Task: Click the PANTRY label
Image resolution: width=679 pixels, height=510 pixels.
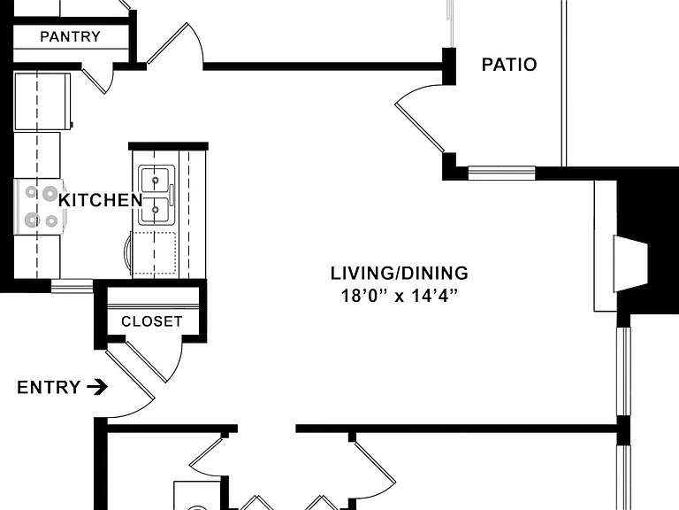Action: [x=70, y=36]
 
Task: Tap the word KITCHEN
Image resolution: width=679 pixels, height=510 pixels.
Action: [x=101, y=200]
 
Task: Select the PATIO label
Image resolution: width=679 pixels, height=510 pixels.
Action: [x=509, y=65]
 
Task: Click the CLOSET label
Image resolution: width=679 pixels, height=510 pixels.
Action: [x=151, y=321]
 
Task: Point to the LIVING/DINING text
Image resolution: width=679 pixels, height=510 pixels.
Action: [x=400, y=274]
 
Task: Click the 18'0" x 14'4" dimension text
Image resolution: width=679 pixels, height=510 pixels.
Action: [x=400, y=296]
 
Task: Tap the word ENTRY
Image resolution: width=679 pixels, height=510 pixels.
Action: [x=49, y=387]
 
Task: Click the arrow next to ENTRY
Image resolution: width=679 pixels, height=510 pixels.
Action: [x=97, y=387]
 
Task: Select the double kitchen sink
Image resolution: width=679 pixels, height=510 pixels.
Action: [x=156, y=195]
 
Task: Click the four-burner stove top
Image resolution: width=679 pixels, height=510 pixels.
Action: [x=40, y=207]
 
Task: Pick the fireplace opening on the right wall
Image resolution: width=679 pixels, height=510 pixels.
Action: [x=630, y=263]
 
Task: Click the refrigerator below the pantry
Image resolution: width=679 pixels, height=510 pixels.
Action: [x=42, y=102]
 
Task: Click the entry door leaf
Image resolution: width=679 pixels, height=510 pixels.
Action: [x=130, y=373]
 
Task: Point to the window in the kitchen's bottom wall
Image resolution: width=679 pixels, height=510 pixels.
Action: [x=72, y=286]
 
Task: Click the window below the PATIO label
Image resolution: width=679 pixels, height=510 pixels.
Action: [x=502, y=173]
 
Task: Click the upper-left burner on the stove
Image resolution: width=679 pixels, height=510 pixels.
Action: [x=31, y=191]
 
